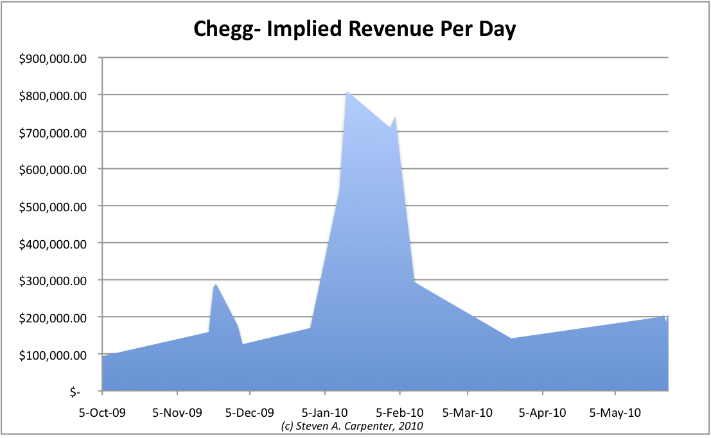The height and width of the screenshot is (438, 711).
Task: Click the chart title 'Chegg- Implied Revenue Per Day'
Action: coord(355,29)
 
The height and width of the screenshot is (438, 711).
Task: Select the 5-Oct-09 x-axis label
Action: coord(103,412)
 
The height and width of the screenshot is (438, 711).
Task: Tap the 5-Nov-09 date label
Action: coord(177,412)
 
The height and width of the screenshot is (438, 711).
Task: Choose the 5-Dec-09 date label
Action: coord(250,412)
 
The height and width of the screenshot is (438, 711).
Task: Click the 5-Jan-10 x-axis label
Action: coord(325,412)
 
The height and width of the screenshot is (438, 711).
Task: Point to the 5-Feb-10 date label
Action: coord(399,412)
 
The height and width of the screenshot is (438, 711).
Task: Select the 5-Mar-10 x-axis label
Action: coord(468,412)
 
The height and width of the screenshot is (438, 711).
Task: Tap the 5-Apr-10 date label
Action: coord(542,412)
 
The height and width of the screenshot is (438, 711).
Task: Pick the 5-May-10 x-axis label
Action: coord(615,412)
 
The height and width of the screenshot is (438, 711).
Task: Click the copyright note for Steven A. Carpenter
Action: coord(352,426)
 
